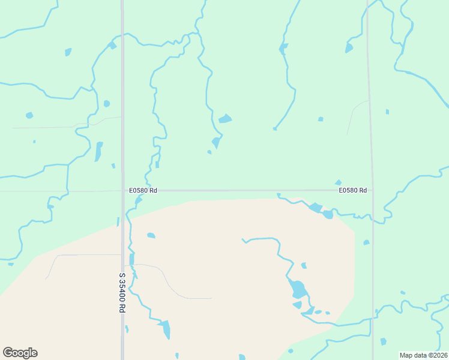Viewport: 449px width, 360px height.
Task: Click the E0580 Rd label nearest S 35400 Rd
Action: [x=143, y=190]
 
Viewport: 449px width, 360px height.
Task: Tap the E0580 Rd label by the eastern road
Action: [x=352, y=190]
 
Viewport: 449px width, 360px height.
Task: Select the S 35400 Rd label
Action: [x=122, y=292]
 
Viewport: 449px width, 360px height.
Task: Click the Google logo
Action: [x=20, y=353]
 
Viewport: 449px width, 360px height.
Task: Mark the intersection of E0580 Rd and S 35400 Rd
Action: [x=122, y=191]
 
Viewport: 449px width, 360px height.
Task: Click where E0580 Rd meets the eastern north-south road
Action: [x=373, y=191]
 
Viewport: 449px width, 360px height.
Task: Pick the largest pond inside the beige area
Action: [x=298, y=289]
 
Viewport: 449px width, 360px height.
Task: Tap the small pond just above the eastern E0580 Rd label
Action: [x=338, y=182]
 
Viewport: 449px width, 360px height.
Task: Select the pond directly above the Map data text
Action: [x=384, y=341]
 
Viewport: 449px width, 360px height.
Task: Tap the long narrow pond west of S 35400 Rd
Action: [x=98, y=151]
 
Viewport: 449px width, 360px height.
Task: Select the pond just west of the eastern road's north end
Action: [x=349, y=48]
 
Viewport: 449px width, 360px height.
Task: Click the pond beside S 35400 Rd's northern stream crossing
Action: [x=112, y=45]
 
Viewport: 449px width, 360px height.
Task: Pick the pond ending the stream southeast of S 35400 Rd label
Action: [x=164, y=329]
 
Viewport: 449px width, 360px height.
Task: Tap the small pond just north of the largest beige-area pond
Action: [x=304, y=265]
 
